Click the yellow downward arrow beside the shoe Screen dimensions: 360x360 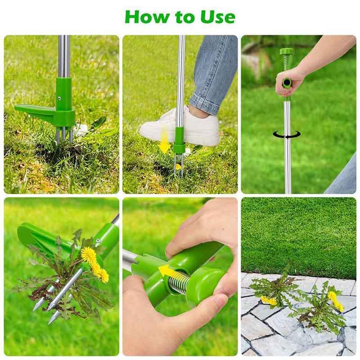pyautogui.click(x=165, y=140)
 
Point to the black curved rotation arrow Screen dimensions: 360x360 pyautogui.click(x=288, y=135)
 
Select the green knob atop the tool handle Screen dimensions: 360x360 pyautogui.click(x=286, y=52)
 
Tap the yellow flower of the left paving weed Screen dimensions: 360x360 pyautogui.click(x=269, y=301)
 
